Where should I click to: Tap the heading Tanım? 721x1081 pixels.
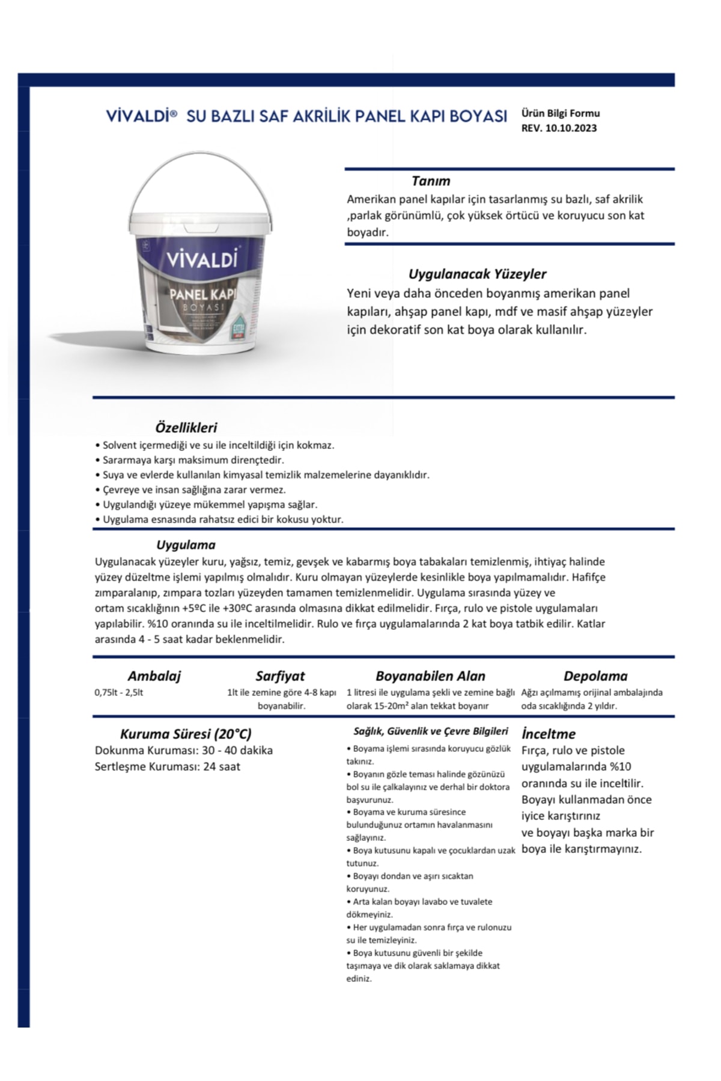point(431,181)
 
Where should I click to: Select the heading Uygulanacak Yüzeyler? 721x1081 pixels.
point(477,274)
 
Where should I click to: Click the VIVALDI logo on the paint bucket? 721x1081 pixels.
point(202,259)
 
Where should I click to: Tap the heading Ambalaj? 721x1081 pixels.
point(154,676)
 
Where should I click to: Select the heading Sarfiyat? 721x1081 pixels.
point(280,676)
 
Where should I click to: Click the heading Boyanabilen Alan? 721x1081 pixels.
point(430,676)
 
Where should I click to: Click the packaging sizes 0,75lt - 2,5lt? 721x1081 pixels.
point(119,692)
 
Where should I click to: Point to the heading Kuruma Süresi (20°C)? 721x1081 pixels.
point(186,734)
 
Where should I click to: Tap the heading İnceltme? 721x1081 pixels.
point(549,734)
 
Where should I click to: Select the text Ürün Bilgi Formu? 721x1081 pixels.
point(560,113)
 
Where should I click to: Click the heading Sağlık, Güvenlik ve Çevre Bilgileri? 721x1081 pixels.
point(430,731)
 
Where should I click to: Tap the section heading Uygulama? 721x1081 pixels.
point(186,545)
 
